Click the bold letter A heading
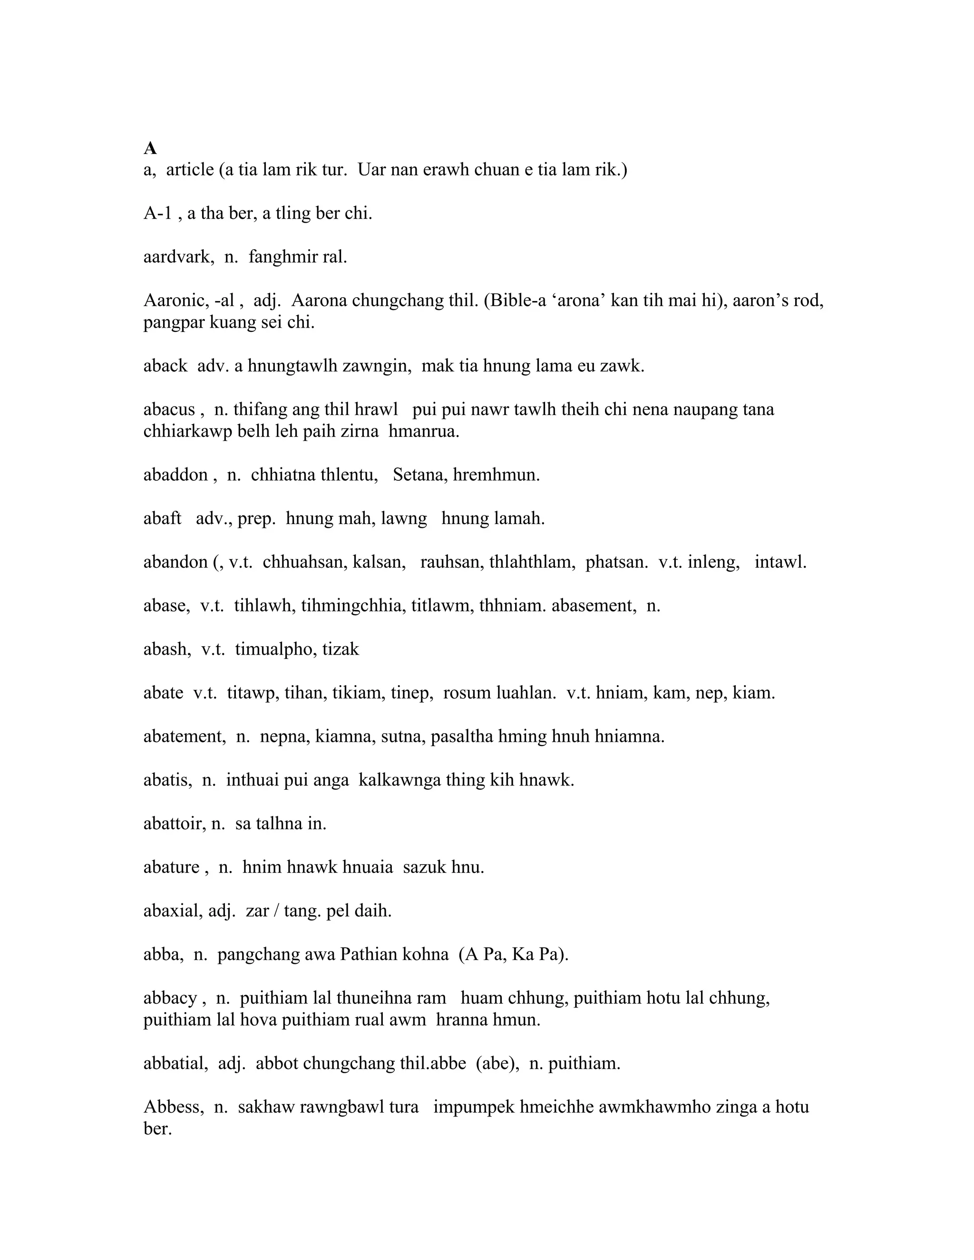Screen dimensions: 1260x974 coord(150,149)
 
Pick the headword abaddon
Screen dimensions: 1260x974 coord(175,475)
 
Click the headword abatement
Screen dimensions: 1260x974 coord(184,736)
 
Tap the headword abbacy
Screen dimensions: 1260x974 coord(170,998)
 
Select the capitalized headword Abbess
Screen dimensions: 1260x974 coord(173,1107)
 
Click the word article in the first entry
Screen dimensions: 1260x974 coord(190,170)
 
